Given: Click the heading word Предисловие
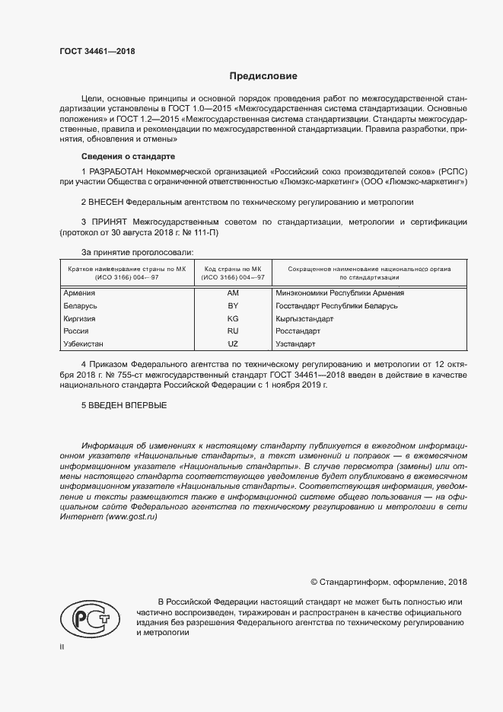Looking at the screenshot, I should point(264,76).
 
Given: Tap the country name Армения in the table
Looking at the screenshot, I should point(79,292).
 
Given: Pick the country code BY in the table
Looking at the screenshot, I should point(233,305).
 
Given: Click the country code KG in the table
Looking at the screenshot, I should point(233,318).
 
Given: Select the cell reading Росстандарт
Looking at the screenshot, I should point(297,331).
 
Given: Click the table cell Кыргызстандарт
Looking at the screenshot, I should point(304,318).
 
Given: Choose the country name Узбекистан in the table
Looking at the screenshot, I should point(86,344).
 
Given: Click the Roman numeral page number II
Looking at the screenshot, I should point(62,647).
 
